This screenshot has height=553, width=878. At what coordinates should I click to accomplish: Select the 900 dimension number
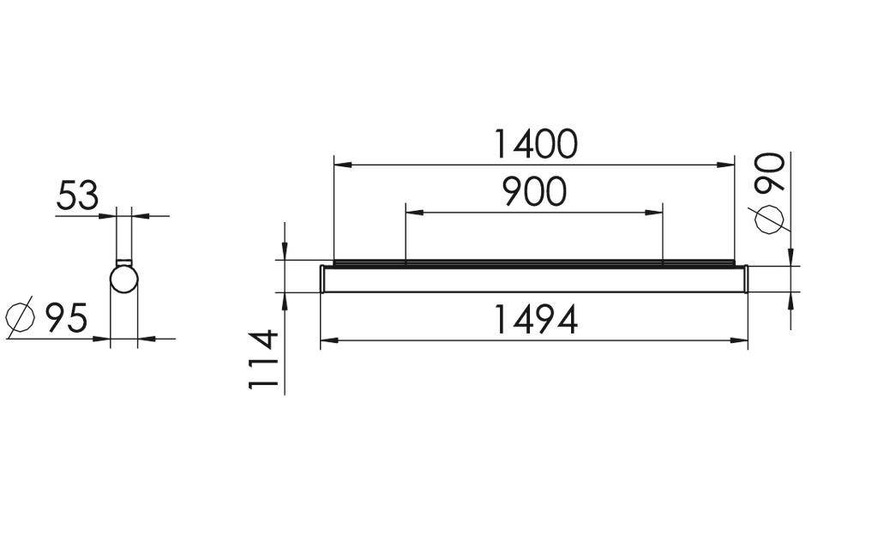pos(533,192)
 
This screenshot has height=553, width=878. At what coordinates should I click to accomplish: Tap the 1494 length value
pos(536,320)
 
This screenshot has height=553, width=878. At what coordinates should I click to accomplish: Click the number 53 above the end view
pos(77,196)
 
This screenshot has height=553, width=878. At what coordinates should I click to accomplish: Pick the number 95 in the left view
pos(66,318)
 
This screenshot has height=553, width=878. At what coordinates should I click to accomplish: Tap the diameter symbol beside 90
pos(769,219)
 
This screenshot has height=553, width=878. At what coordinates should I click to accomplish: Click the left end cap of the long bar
pos(322,279)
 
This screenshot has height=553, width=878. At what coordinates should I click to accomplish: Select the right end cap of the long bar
pos(746,279)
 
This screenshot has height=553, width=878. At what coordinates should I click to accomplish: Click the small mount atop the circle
pos(123,261)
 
